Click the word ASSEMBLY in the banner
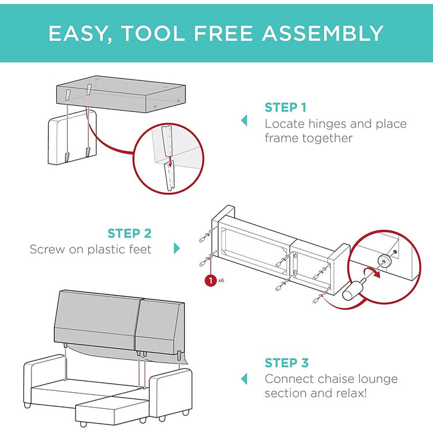pyautogui.click(x=322, y=33)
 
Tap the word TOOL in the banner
pyautogui.click(x=153, y=33)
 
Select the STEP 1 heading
pyautogui.click(x=286, y=108)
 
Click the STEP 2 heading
pyautogui.click(x=129, y=233)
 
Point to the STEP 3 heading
pyautogui.click(x=286, y=363)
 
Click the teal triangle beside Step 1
pyautogui.click(x=244, y=121)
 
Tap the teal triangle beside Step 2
pyautogui.click(x=177, y=248)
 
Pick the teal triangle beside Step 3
pyautogui.click(x=244, y=379)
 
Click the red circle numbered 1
pyautogui.click(x=211, y=281)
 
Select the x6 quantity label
pyautogui.click(x=221, y=281)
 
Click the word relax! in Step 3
pyautogui.click(x=351, y=393)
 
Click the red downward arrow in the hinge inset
pyautogui.click(x=170, y=161)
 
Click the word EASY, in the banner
pyautogui.click(x=80, y=34)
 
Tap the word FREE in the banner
pyautogui.click(x=223, y=33)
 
